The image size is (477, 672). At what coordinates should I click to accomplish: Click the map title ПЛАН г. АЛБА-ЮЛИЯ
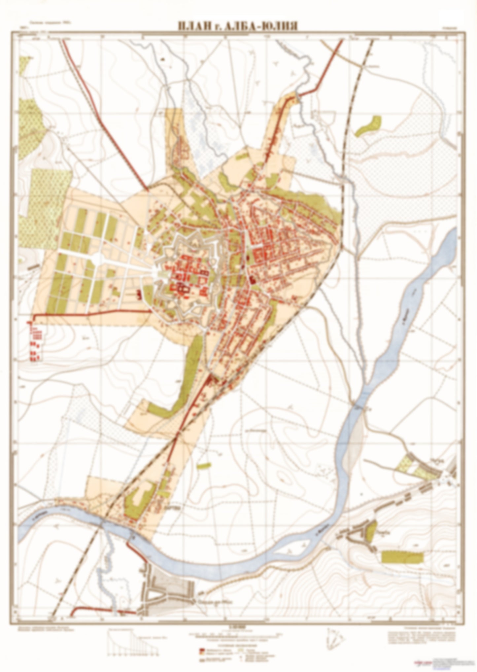click(x=238, y=26)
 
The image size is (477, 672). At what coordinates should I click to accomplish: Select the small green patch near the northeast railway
click(x=369, y=126)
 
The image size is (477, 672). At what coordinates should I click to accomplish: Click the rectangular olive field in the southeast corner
click(x=402, y=557)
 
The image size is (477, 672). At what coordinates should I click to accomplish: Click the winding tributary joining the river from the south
click(x=104, y=568)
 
